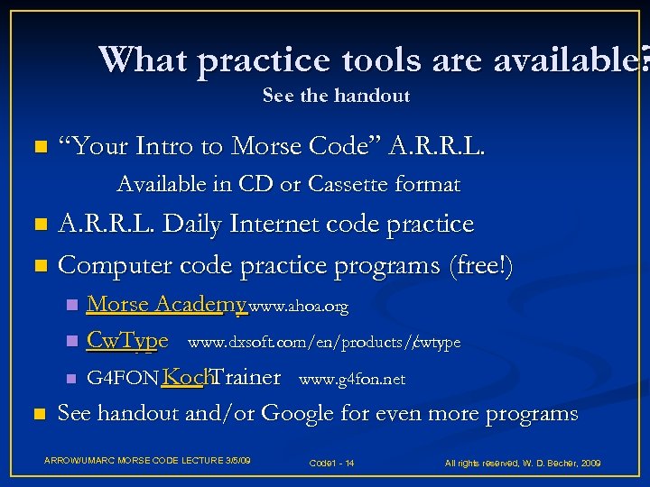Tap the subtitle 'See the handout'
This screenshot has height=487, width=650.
tap(336, 96)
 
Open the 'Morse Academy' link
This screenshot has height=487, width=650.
tap(166, 305)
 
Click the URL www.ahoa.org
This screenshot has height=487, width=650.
tap(298, 308)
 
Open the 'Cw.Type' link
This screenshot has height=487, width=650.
tap(126, 342)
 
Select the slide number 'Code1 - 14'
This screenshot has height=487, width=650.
tap(331, 463)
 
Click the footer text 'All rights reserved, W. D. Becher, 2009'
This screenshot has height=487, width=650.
tap(523, 463)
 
